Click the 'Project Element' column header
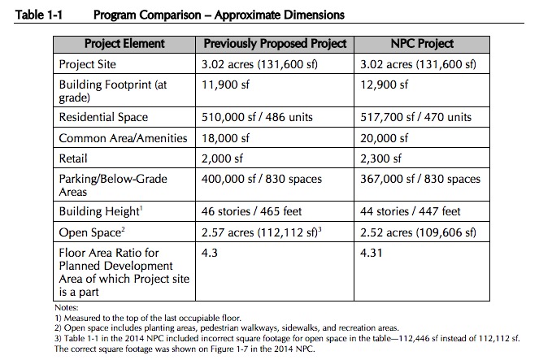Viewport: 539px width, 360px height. tap(124, 44)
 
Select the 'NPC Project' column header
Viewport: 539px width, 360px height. tap(422, 44)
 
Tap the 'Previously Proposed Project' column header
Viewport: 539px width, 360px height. tap(275, 44)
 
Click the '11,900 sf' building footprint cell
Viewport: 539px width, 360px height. tap(225, 85)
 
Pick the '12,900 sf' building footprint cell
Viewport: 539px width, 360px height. tap(384, 85)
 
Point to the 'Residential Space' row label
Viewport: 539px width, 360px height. tap(103, 117)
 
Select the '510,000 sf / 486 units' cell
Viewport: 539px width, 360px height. tap(257, 117)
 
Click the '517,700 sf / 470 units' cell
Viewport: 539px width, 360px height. tap(415, 117)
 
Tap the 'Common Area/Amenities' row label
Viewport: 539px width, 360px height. tap(123, 138)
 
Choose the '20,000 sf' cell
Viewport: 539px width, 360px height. tap(384, 138)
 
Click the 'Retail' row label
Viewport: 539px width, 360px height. tap(73, 158)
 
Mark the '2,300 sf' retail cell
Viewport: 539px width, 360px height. tap(380, 158)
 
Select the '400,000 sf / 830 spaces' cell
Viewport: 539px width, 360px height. tap(262, 179)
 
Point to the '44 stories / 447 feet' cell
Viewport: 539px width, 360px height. tap(410, 211)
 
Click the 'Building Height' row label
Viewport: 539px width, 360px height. tap(101, 211)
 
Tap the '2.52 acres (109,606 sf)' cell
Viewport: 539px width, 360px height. tap(418, 232)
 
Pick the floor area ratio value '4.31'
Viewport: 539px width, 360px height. tap(371, 254)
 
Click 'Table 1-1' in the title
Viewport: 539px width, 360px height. tap(38, 15)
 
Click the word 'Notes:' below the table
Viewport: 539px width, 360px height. tap(67, 307)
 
